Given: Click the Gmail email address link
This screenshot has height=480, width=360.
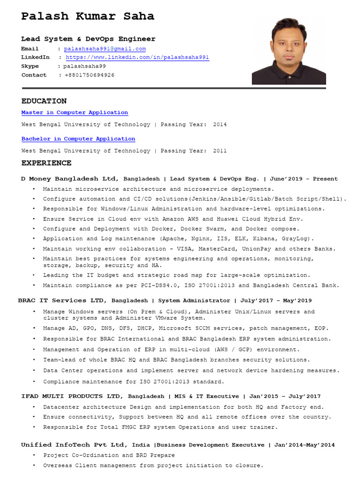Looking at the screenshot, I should [105, 49].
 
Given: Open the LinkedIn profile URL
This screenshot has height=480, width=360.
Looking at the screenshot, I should [137, 57].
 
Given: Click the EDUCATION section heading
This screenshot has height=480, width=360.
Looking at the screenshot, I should [44, 101].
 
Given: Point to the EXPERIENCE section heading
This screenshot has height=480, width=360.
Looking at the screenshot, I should [46, 163].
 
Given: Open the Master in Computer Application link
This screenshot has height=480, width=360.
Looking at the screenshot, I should [75, 112].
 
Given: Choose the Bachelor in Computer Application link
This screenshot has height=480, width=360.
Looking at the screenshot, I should [78, 139].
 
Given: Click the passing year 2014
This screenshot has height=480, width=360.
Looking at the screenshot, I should [219, 125].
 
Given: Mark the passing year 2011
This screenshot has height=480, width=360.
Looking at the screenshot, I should [219, 151].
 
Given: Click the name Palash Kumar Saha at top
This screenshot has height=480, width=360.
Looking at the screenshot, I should [88, 16].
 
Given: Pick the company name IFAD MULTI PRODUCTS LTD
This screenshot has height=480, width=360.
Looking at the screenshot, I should [73, 396].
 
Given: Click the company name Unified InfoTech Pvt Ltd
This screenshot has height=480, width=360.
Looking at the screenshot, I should [73, 445].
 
